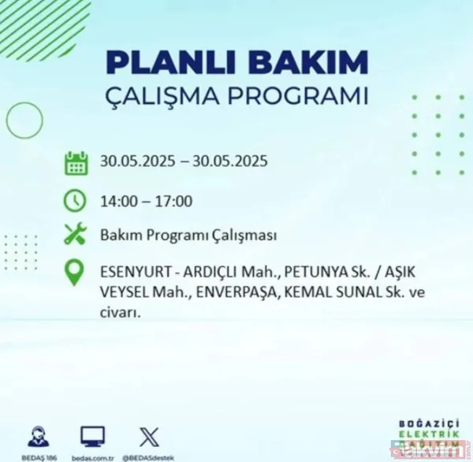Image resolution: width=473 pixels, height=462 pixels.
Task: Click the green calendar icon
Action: pos(76,163)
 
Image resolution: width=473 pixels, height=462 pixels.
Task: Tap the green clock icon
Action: pos(76,200)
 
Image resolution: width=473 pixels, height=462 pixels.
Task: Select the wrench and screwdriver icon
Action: pos(76,235)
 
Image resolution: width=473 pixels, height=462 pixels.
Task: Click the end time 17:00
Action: pos(174,201)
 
